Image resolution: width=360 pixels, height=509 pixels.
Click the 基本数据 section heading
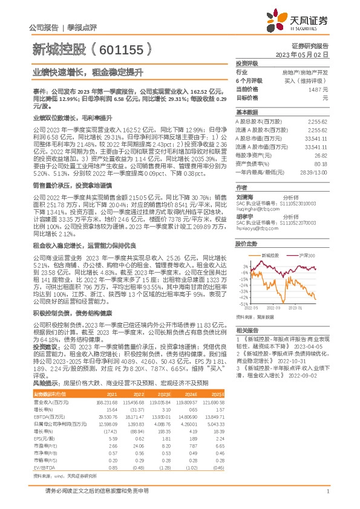(246, 112)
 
